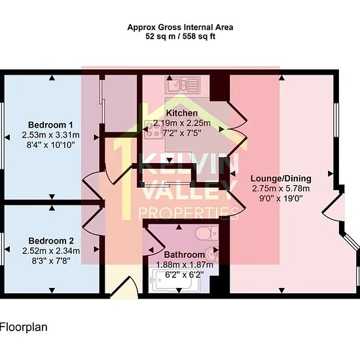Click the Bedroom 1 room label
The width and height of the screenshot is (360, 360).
click(50, 125)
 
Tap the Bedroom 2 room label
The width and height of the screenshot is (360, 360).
click(51, 241)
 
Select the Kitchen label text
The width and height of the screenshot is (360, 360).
click(181, 113)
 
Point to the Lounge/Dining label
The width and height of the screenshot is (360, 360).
click(281, 179)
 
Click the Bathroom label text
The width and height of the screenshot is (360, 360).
click(185, 255)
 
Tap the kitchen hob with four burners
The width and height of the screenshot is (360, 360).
click(153, 130)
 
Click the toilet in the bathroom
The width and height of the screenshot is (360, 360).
click(207, 233)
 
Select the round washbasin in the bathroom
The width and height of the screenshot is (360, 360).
click(213, 253)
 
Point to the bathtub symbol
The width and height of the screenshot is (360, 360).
click(174, 281)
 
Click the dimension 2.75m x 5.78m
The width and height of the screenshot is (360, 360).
click(281, 189)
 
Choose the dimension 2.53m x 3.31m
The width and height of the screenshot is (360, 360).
click(51, 135)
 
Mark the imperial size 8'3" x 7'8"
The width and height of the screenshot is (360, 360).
click(51, 261)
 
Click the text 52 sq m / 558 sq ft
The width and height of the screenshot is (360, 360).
click(181, 36)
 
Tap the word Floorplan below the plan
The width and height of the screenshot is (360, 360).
click(24, 327)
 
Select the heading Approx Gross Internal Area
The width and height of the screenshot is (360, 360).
click(180, 27)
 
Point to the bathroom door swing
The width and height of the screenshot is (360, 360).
click(154, 241)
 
